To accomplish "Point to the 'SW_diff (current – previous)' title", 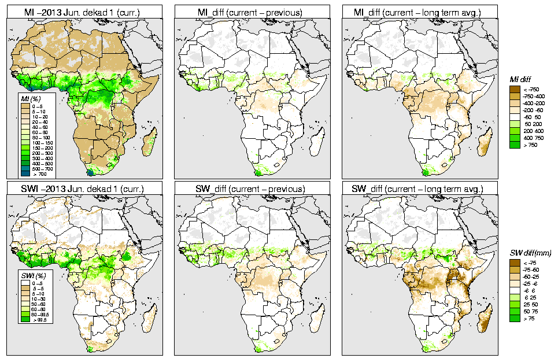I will tap(254, 189).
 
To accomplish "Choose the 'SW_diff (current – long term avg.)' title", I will tap(422, 189).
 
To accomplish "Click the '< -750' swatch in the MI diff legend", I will tap(513, 89).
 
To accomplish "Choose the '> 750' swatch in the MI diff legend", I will tap(513, 145).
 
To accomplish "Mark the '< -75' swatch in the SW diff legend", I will tap(513, 263).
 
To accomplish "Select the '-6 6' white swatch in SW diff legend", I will tap(513, 291).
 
